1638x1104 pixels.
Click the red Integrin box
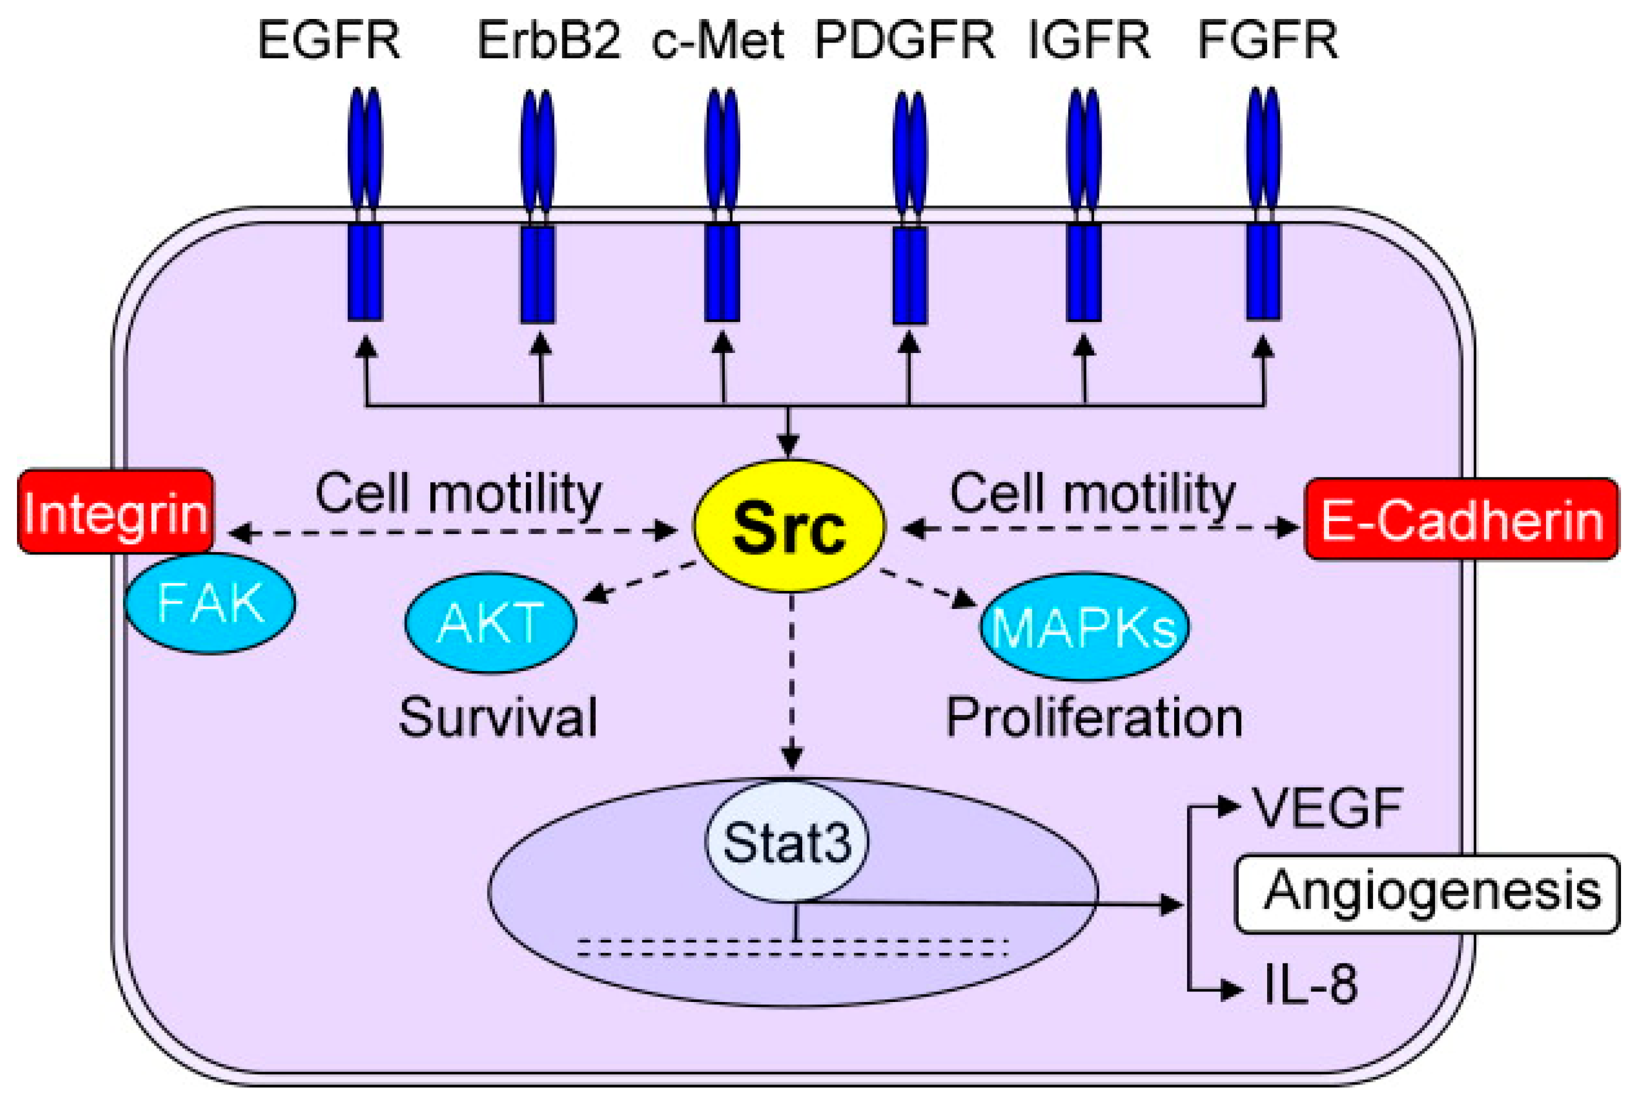point(115,512)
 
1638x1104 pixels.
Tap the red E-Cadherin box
point(1462,519)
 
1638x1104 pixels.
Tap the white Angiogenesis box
point(1428,893)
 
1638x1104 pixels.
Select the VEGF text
point(1328,808)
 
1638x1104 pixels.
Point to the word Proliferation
point(1094,718)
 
